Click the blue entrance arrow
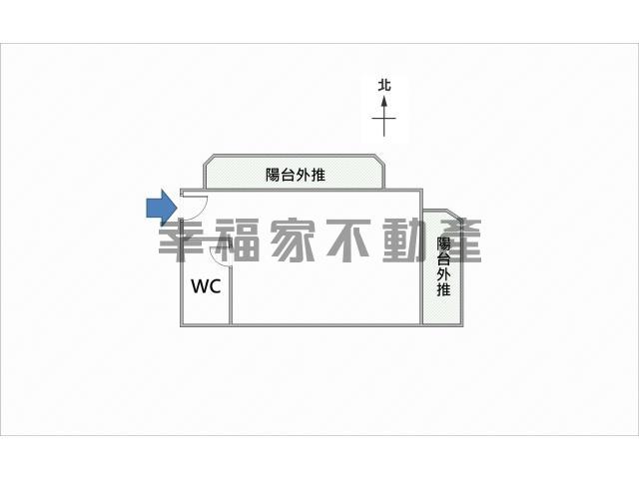(x=162, y=208)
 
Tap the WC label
(x=207, y=286)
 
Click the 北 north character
(x=383, y=86)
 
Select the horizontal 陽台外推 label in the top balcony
(x=296, y=175)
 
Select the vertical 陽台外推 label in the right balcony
(x=443, y=266)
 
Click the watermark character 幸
(x=181, y=240)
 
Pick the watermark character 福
(x=237, y=240)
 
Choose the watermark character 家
(x=293, y=240)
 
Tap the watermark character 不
(x=348, y=240)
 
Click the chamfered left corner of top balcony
(x=209, y=160)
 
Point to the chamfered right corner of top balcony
(x=379, y=160)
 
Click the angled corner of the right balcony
(x=456, y=216)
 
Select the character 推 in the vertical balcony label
(x=443, y=289)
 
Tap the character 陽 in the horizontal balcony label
(x=273, y=175)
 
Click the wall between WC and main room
(x=231, y=295)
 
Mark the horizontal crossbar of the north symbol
(x=383, y=119)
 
